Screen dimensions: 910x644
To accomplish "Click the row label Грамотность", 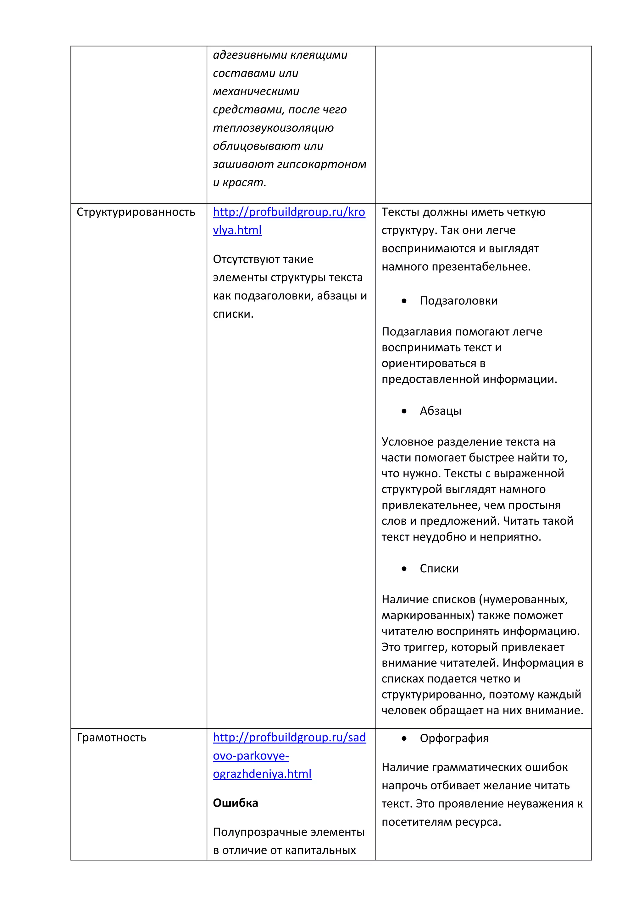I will click(x=111, y=737).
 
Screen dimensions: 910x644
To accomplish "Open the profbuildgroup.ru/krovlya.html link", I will click(x=289, y=212).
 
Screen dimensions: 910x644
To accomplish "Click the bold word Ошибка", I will click(x=235, y=803).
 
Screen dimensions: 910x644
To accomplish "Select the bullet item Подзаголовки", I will click(x=458, y=301).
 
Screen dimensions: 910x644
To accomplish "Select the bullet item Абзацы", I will click(x=440, y=411).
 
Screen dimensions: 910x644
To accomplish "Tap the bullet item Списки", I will click(x=439, y=569).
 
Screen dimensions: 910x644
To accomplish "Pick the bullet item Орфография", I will click(x=454, y=738).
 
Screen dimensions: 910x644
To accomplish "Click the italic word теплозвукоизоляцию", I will click(x=273, y=128).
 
